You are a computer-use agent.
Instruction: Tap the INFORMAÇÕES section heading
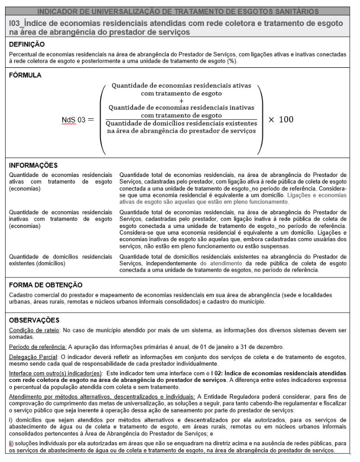coord(34,165)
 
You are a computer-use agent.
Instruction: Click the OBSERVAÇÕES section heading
coord(35,320)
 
